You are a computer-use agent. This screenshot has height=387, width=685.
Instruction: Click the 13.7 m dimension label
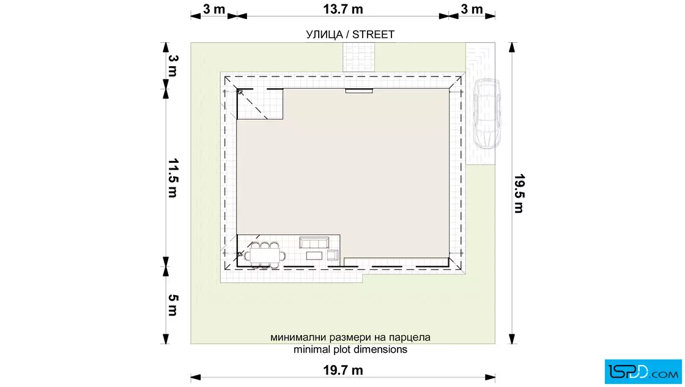343,9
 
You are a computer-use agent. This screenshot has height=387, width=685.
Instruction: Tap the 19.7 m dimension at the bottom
343,370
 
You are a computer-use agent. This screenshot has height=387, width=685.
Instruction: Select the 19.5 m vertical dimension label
519,193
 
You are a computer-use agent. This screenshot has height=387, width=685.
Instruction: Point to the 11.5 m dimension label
174,178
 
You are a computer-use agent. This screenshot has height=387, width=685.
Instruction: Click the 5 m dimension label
174,305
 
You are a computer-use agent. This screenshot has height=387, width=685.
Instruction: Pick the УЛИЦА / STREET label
350,34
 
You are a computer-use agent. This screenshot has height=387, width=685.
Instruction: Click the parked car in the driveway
487,114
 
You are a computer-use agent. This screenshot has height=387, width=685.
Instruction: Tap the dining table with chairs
265,255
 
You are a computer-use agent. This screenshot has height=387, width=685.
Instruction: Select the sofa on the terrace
314,242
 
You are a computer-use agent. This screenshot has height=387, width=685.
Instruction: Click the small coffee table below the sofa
314,255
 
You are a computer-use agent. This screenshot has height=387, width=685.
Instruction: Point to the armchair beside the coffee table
333,255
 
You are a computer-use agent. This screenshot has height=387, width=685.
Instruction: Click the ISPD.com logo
643,372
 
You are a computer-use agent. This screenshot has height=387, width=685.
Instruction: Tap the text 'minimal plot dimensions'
350,350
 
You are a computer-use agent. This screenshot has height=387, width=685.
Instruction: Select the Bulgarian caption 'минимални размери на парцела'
350,337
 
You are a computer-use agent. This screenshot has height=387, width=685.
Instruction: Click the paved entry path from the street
358,58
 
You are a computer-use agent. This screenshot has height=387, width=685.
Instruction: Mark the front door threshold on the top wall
359,91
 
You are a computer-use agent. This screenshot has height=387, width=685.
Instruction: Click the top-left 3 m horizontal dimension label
214,9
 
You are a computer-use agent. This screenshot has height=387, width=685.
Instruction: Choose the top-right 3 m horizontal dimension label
472,9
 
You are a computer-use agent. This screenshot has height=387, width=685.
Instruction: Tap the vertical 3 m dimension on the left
174,66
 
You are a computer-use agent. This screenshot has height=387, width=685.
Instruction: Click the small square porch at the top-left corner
260,104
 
